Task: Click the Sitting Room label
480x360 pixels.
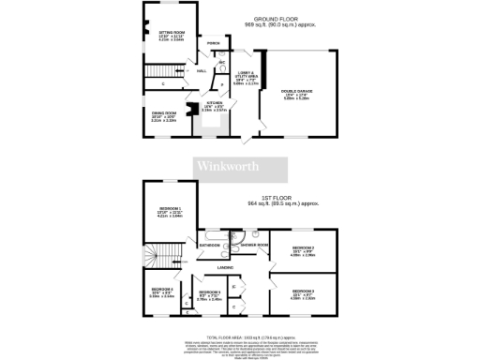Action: pyautogui.click(x=171, y=32)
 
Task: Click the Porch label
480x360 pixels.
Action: pyautogui.click(x=214, y=43)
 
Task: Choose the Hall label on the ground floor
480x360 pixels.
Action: pyautogui.click(x=202, y=70)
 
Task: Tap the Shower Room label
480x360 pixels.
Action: pyautogui.click(x=254, y=245)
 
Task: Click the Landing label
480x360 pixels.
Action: pyautogui.click(x=225, y=267)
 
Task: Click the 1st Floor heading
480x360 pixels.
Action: pyautogui.click(x=280, y=199)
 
